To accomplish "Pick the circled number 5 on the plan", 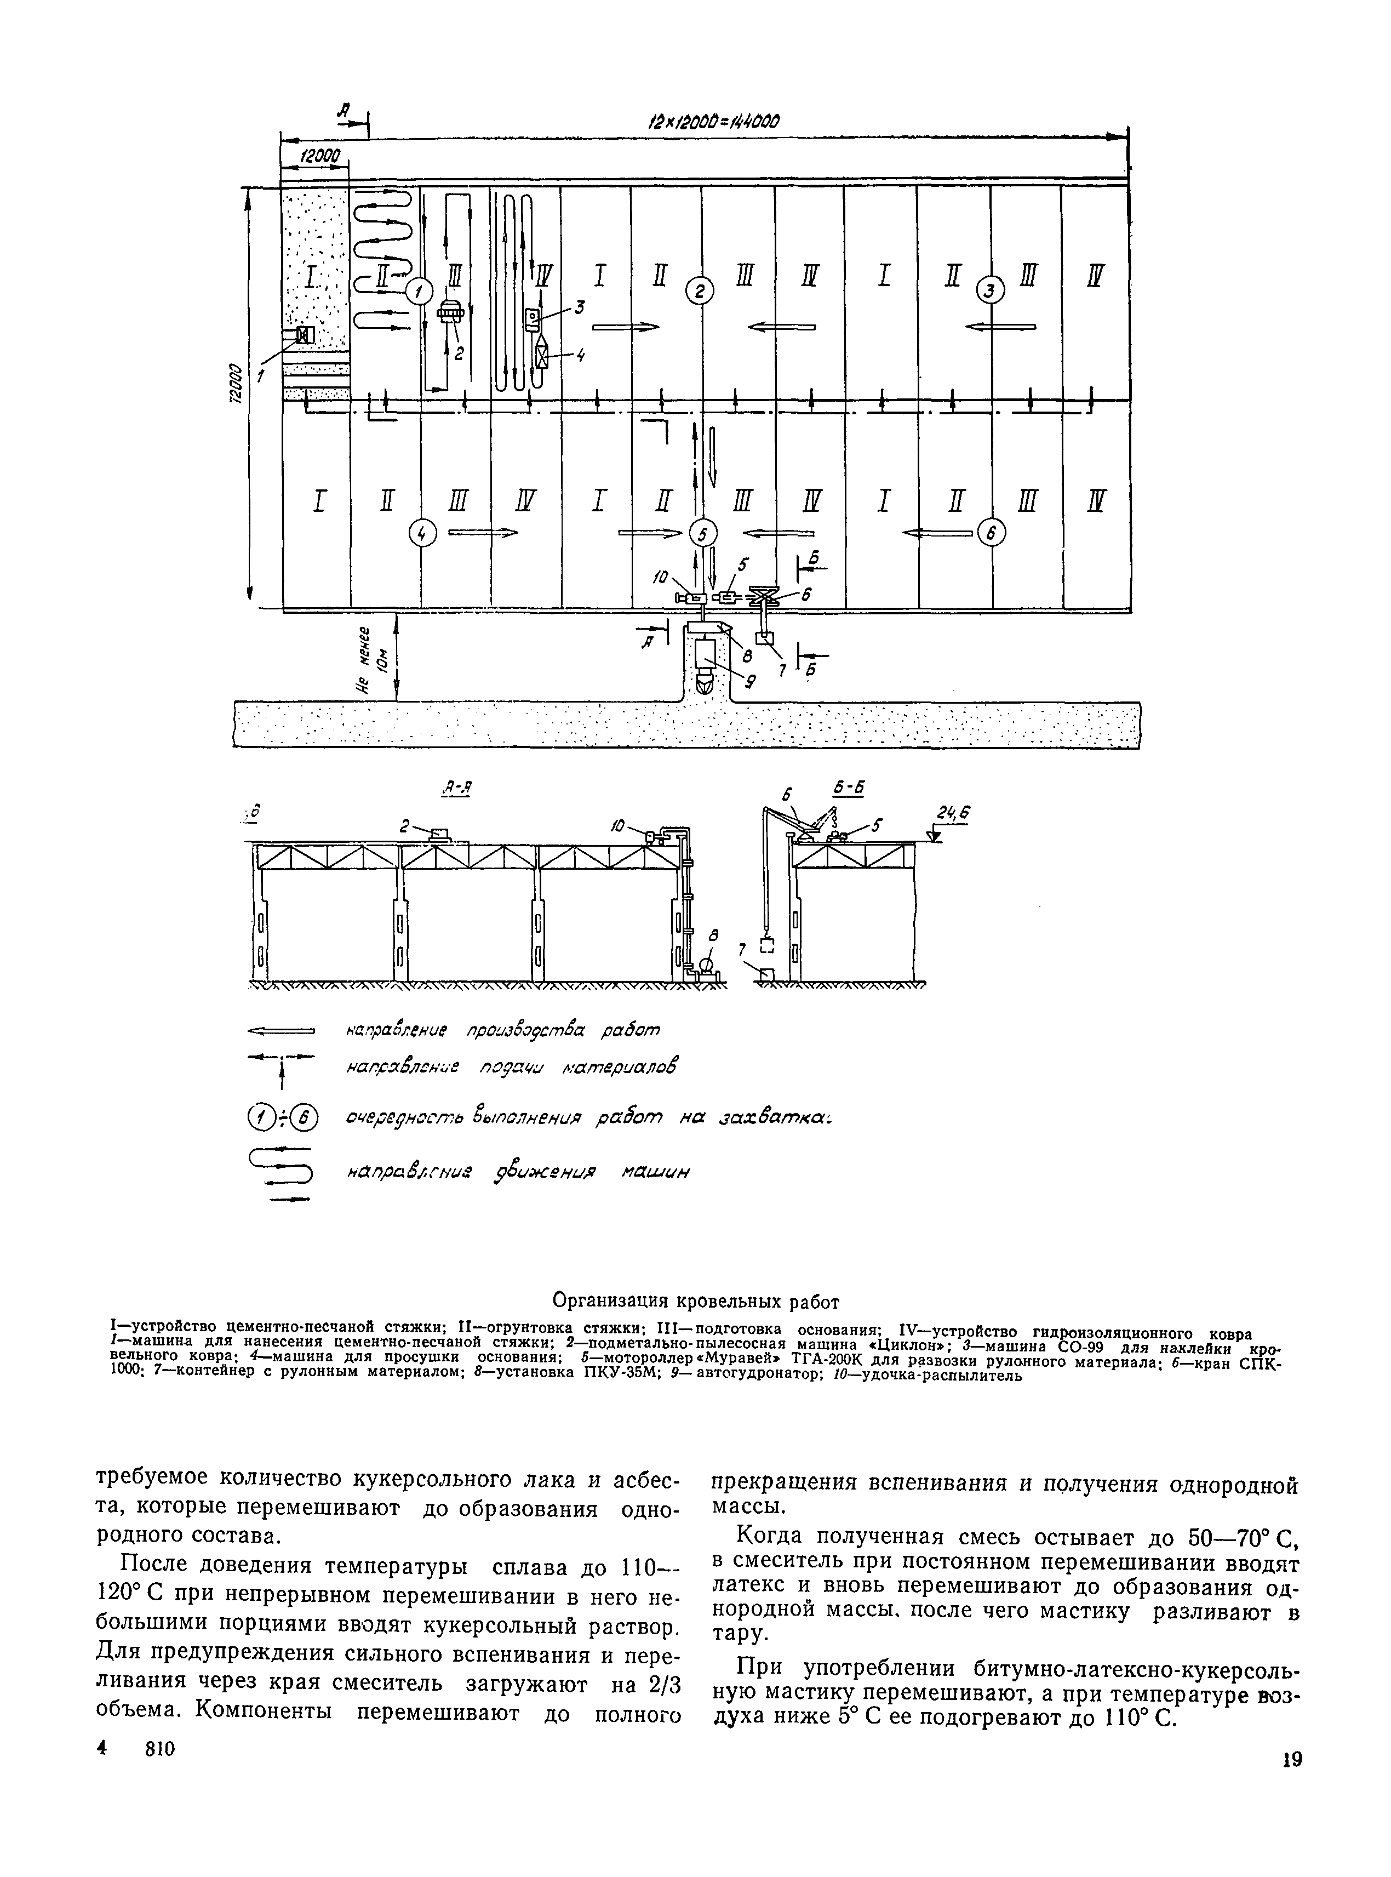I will [x=702, y=533].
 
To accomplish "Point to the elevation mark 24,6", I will [x=952, y=813].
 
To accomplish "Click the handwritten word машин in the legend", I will [x=655, y=1173].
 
